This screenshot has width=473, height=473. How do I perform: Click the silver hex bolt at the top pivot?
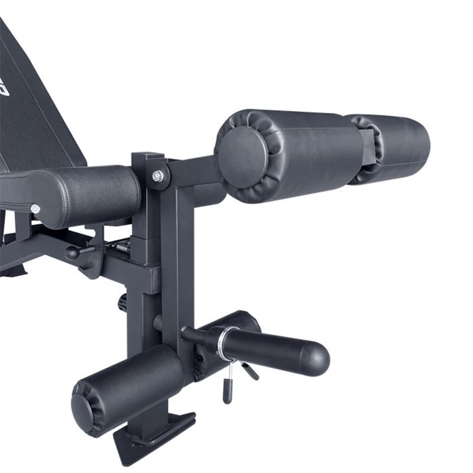(157, 176)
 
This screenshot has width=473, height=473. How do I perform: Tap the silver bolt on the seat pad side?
(35, 209)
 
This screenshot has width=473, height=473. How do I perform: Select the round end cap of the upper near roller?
(241, 150)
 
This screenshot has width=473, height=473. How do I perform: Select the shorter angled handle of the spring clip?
(251, 371)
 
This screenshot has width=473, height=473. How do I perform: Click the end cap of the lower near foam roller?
(83, 408)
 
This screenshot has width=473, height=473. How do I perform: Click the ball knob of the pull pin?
(72, 252)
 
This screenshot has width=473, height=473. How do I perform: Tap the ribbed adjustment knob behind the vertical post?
(123, 303)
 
